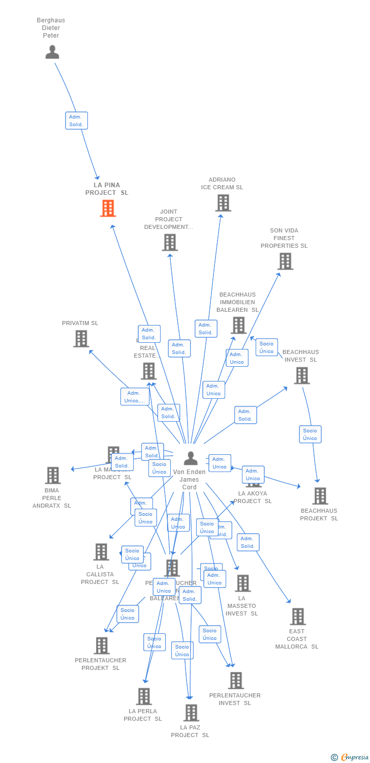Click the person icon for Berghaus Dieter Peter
52,52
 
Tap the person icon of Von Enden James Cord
191,458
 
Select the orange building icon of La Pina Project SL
108,208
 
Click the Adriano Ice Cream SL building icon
223,203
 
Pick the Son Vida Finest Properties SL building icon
285,261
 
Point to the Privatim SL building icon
81,339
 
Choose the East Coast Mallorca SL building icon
297,617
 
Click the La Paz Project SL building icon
191,713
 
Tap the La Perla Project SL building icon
144,696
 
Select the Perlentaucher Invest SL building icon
236,680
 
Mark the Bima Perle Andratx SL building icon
52,475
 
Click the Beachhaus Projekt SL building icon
320,495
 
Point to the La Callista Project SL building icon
101,551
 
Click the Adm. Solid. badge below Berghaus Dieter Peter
76,121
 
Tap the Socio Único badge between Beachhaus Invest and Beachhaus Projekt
310,434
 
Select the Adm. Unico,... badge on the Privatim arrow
135,397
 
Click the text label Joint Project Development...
168,219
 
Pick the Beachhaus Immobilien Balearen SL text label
237,302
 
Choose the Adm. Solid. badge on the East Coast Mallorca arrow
248,542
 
